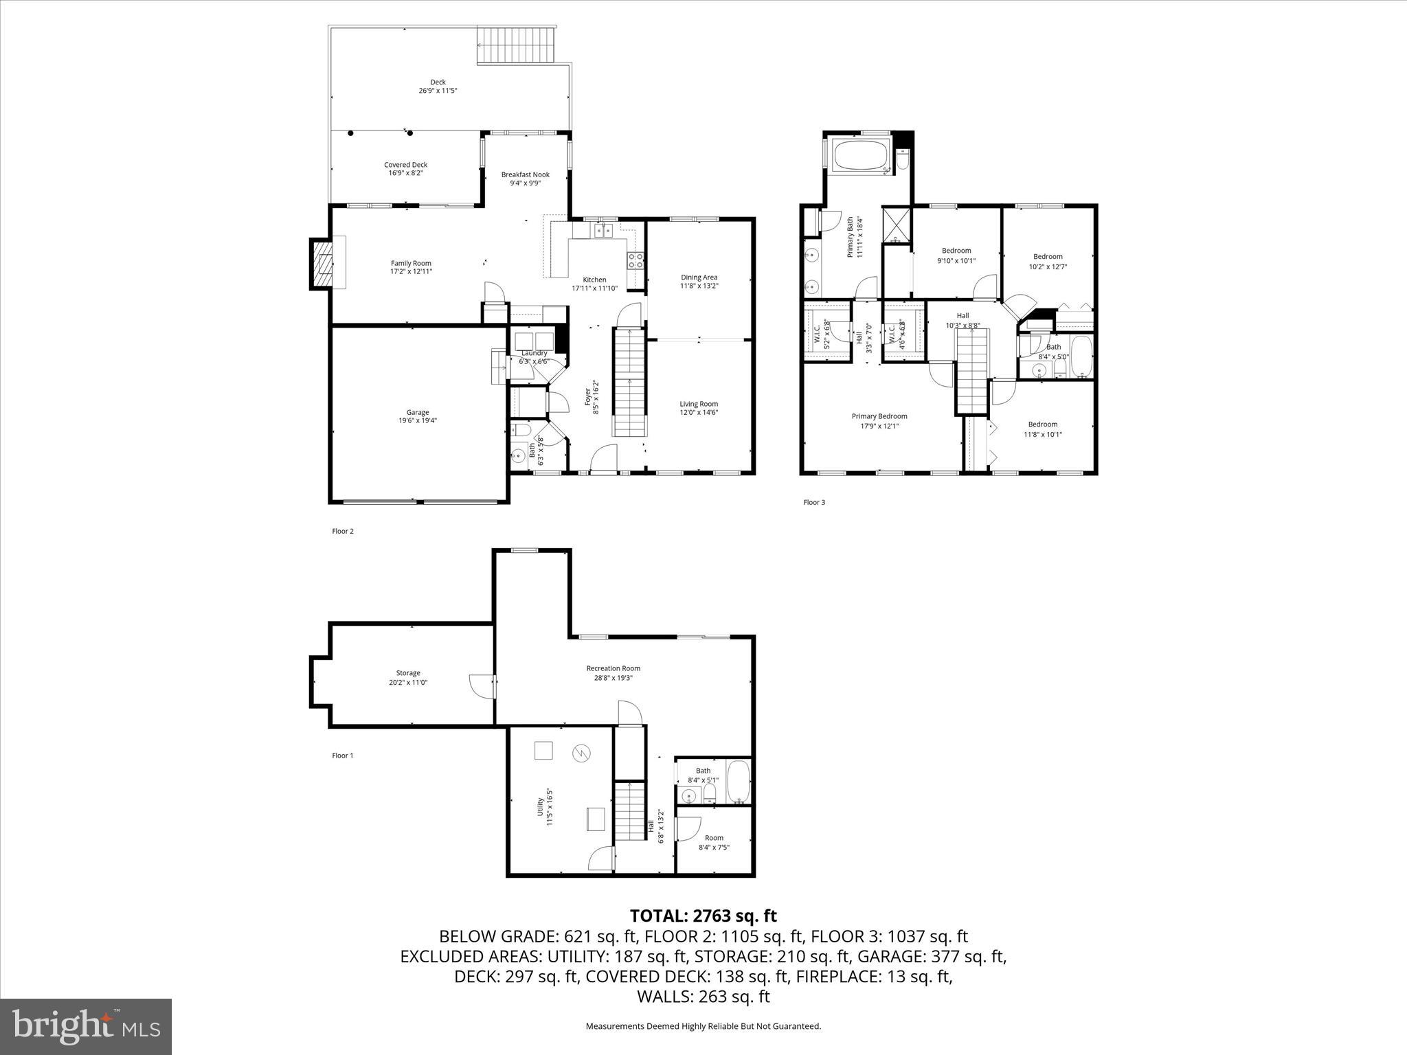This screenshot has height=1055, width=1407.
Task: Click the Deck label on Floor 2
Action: (x=438, y=82)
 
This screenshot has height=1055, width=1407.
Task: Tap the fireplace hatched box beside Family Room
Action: (x=322, y=264)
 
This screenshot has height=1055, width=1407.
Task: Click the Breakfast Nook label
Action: (x=525, y=174)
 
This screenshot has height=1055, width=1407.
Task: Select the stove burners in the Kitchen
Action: (x=635, y=260)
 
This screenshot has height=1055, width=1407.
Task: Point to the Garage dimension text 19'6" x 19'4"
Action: (x=417, y=420)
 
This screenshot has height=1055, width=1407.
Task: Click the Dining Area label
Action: (x=699, y=277)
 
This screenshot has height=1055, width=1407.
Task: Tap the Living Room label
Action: (x=699, y=404)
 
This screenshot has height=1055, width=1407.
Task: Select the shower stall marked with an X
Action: (x=897, y=225)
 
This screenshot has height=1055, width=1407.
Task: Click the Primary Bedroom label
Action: (x=879, y=416)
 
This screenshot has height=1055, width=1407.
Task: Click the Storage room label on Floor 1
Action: (x=408, y=673)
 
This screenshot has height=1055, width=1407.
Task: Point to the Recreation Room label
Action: (x=613, y=668)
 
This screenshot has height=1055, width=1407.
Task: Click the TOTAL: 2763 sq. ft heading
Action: (x=703, y=916)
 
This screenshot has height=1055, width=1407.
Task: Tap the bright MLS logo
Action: (x=86, y=1027)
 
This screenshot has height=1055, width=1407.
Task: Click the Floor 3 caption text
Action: (x=814, y=502)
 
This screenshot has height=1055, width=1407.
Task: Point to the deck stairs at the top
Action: (x=515, y=45)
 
